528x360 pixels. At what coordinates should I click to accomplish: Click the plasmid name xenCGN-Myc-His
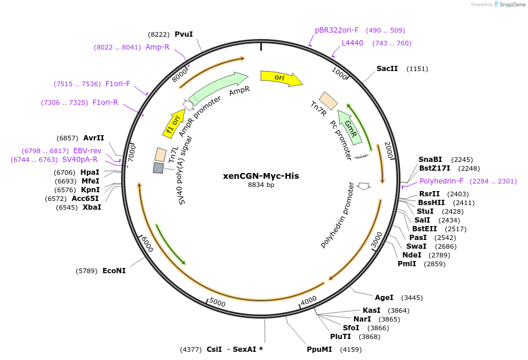pyautogui.click(x=261, y=175)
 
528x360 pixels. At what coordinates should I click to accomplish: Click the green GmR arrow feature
pyautogui.click(x=351, y=126)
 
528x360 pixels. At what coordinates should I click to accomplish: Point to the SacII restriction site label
pyautogui.click(x=387, y=69)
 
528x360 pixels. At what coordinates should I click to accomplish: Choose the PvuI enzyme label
pyautogui.click(x=183, y=34)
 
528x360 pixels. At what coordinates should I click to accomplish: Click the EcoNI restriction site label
pyautogui.click(x=114, y=271)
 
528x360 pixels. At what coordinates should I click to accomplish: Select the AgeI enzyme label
pyautogui.click(x=384, y=298)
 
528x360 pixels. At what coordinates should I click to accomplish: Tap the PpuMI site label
pyautogui.click(x=320, y=350)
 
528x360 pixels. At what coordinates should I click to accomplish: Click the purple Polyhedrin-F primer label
pyautogui.click(x=442, y=181)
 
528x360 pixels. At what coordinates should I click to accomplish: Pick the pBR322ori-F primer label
pyautogui.click(x=337, y=30)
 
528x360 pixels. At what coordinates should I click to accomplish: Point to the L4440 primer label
pyautogui.click(x=352, y=43)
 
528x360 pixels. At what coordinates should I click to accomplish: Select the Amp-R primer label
pyautogui.click(x=157, y=47)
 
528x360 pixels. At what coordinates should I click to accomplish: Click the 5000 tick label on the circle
pyautogui.click(x=217, y=303)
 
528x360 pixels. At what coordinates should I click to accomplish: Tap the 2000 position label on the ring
pyautogui.click(x=389, y=150)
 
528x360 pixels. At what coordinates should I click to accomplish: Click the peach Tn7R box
pyautogui.click(x=329, y=101)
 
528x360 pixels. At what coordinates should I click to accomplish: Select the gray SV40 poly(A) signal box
pyautogui.click(x=158, y=168)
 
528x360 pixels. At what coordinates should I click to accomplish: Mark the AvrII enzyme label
pyautogui.click(x=94, y=138)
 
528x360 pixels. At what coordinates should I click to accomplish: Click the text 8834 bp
pyautogui.click(x=261, y=185)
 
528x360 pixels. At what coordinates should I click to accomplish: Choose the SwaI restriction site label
pyautogui.click(x=416, y=246)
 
